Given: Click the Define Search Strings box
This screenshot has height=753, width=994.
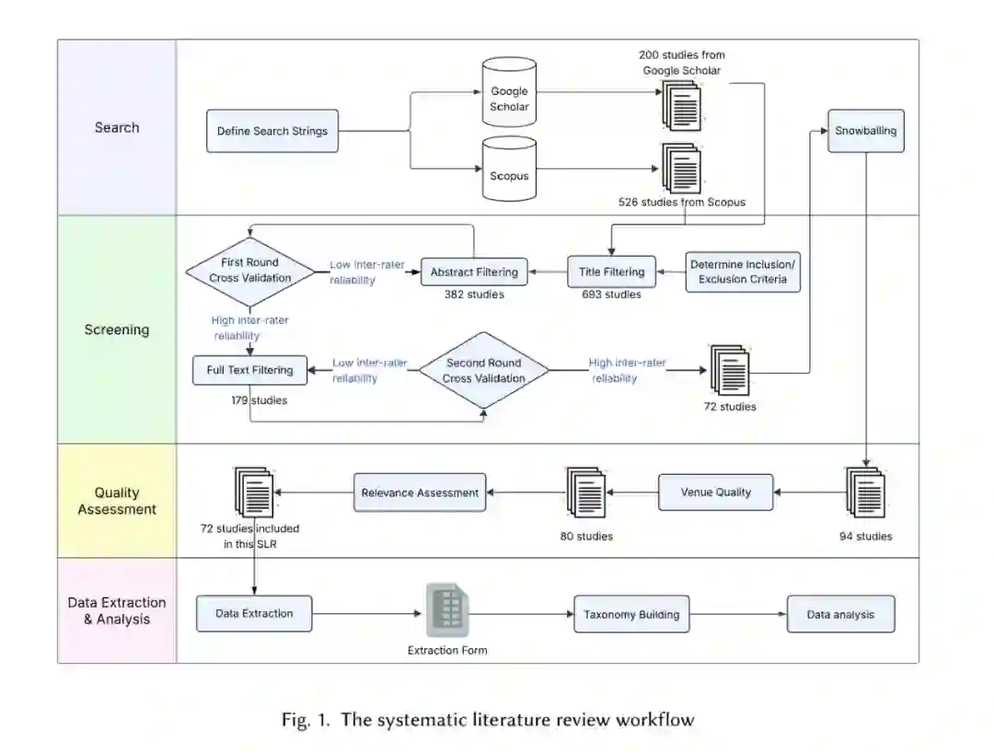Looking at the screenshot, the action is tap(272, 132).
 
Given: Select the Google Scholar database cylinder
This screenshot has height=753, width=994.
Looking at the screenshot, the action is tap(509, 93).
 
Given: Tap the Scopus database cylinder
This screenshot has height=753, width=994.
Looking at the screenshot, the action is tap(509, 169).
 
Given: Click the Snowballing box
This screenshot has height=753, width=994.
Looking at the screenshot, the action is tap(866, 132).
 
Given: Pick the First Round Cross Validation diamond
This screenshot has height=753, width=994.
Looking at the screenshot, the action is tap(249, 272).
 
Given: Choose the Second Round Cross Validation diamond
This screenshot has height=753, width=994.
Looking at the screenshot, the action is tap(484, 370).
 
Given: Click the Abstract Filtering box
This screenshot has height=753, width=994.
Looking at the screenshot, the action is tap(474, 272).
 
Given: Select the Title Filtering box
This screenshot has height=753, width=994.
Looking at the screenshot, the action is tap(612, 272).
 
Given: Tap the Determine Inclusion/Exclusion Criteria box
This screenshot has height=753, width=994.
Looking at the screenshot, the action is tap(743, 272).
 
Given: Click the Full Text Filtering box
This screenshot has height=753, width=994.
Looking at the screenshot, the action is tap(249, 370).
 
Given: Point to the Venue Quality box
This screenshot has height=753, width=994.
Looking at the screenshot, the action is tap(716, 492).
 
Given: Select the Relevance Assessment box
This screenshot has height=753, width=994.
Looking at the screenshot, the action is tap(420, 492).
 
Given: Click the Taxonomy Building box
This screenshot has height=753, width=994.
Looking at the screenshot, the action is tap(631, 614).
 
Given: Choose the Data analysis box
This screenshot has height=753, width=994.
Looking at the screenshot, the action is tap(840, 614).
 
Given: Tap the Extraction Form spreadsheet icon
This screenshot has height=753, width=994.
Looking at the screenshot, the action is tap(447, 609).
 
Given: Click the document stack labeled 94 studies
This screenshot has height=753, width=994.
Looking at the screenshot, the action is tap(865, 492).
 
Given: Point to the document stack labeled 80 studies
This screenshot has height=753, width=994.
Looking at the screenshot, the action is tap(585, 492).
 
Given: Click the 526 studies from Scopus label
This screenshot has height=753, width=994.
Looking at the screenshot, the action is tap(682, 203).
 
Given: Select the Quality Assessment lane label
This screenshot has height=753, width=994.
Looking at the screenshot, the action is tap(117, 501).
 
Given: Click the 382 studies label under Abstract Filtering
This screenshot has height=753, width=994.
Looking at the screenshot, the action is tap(474, 295).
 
